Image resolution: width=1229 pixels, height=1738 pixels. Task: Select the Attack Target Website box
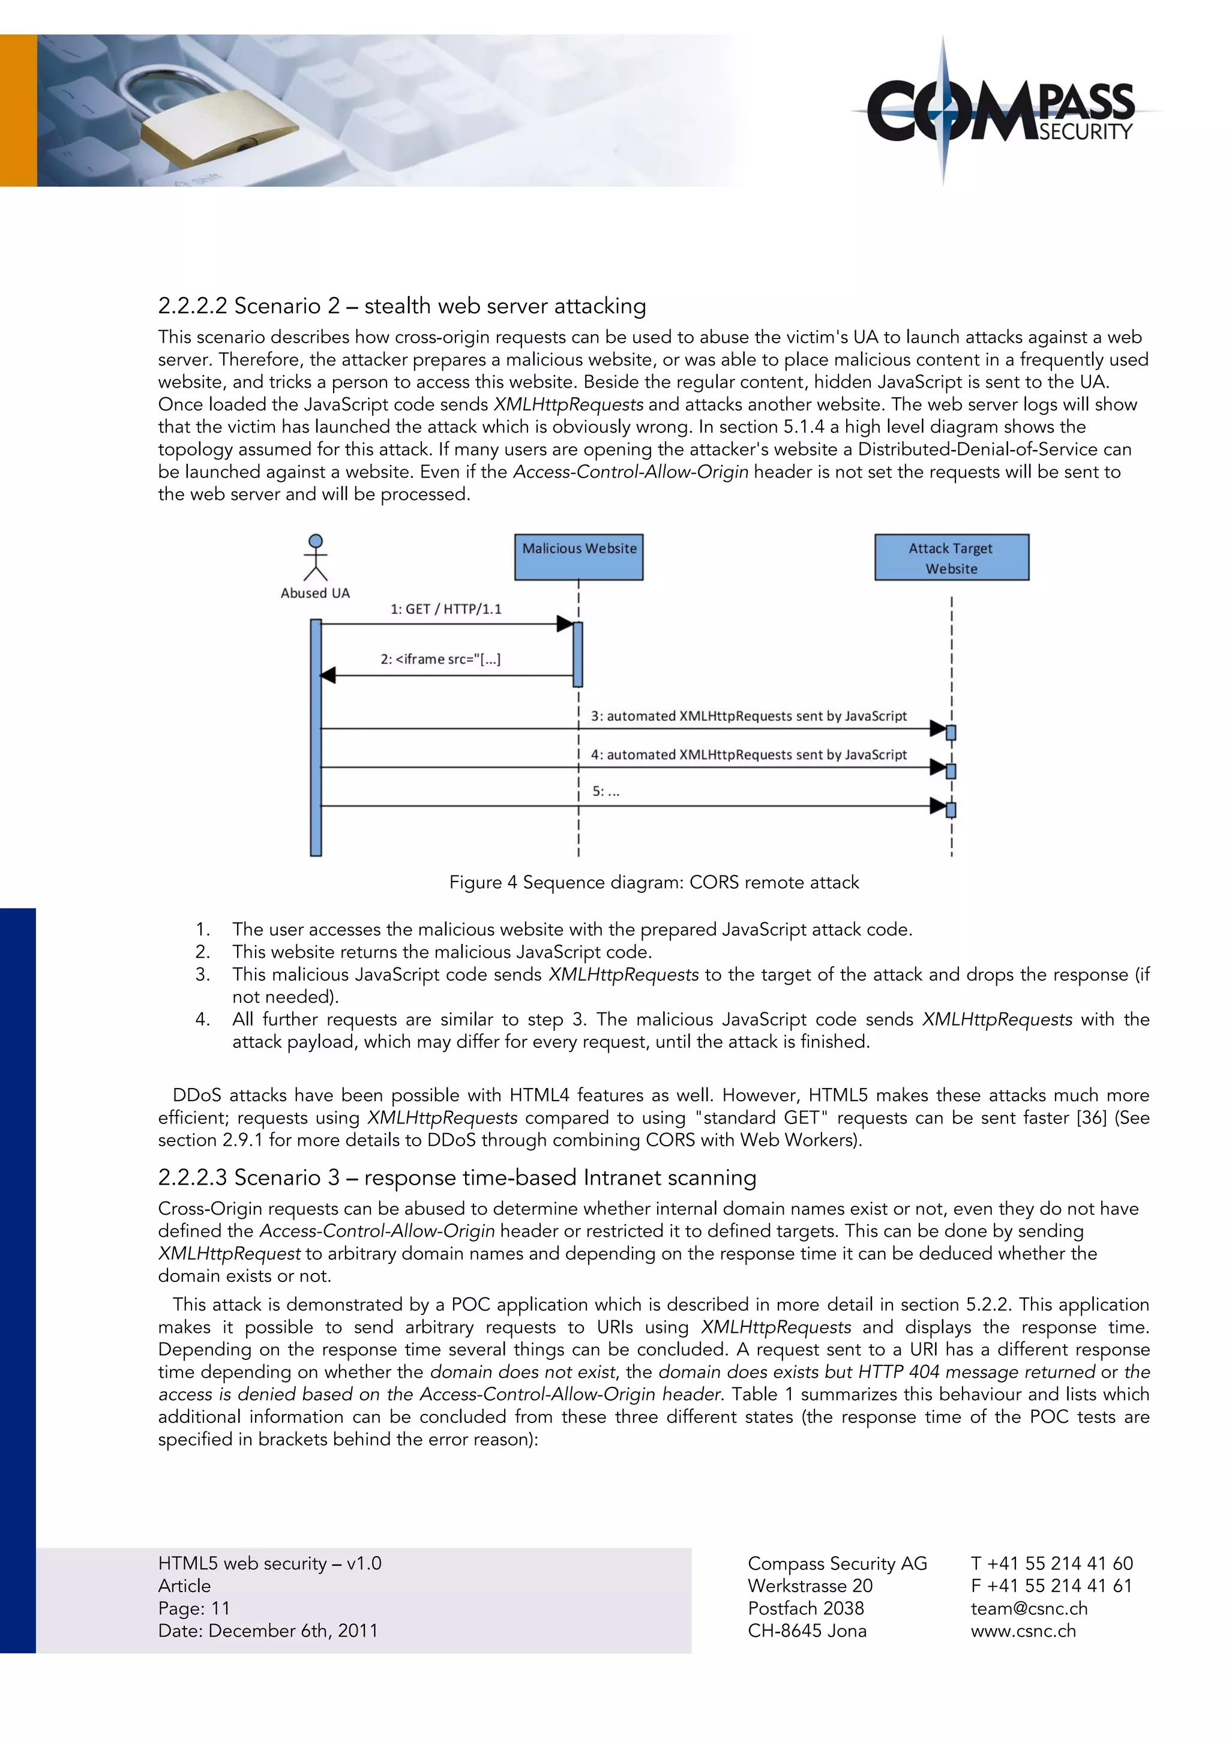pos(951,557)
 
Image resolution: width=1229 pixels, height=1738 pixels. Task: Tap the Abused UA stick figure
pos(316,558)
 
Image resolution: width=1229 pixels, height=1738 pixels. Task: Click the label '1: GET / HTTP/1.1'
pos(446,609)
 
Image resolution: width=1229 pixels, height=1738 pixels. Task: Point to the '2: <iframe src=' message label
pos(440,658)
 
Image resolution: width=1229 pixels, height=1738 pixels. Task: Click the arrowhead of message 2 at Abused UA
pos(328,675)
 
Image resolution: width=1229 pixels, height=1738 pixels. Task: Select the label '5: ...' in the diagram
pos(605,791)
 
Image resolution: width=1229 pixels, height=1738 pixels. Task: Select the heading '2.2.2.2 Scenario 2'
pos(402,306)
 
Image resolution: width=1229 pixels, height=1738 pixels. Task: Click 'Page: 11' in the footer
pos(194,1608)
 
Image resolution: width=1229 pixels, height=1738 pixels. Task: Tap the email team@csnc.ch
pos(1029,1608)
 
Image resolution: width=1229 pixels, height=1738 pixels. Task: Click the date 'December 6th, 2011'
pos(293,1631)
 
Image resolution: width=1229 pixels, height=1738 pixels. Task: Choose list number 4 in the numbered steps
pos(202,1019)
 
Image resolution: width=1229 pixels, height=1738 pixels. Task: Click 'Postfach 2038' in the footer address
pos(805,1608)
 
